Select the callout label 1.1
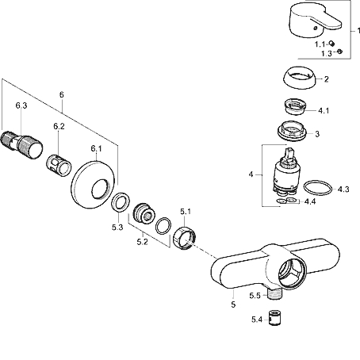click(x=320, y=44)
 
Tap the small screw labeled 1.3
click(x=339, y=52)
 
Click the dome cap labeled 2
click(x=300, y=77)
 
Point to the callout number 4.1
click(x=324, y=110)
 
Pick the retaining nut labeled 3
click(x=292, y=131)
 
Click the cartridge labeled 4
click(x=286, y=172)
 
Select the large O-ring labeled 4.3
click(x=318, y=188)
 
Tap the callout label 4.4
click(x=310, y=201)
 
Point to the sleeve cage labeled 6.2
click(x=59, y=166)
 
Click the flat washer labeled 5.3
click(x=121, y=202)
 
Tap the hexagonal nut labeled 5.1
click(x=185, y=238)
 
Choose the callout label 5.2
click(x=142, y=242)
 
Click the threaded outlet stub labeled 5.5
click(x=274, y=294)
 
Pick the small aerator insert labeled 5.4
click(x=274, y=317)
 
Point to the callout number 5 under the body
click(x=233, y=304)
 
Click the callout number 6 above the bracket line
click(x=62, y=94)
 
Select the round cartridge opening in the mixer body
click(x=291, y=272)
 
